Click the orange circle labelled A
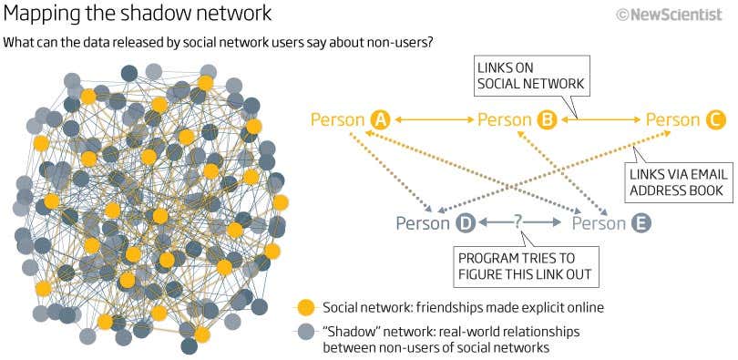(x=380, y=119)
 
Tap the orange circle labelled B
(x=548, y=119)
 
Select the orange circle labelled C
(x=715, y=119)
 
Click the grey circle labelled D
(x=465, y=222)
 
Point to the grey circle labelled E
(x=641, y=222)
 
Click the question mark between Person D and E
(x=518, y=221)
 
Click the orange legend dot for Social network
(x=306, y=307)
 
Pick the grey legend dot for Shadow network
(x=306, y=333)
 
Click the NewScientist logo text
(x=683, y=15)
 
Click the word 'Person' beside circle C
(x=673, y=119)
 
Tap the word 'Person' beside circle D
(x=423, y=222)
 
